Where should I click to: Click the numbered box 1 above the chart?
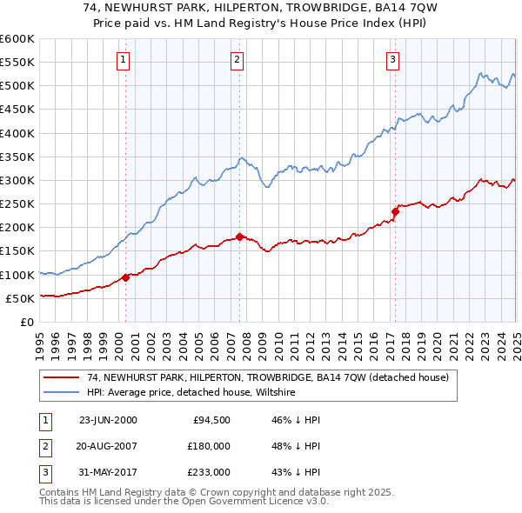pyautogui.click(x=124, y=60)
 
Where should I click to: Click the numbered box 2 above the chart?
pyautogui.click(x=238, y=60)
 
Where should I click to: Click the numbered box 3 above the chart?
pyautogui.click(x=393, y=60)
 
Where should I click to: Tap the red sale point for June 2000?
pyautogui.click(x=125, y=277)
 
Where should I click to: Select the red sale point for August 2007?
pyautogui.click(x=239, y=237)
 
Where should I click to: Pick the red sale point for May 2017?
pyautogui.click(x=395, y=211)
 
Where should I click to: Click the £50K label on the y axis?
pyautogui.click(x=20, y=298)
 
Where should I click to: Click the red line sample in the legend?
pyautogui.click(x=61, y=378)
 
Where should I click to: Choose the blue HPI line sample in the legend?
pyautogui.click(x=61, y=393)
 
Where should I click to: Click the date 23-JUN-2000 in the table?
pyautogui.click(x=108, y=420)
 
